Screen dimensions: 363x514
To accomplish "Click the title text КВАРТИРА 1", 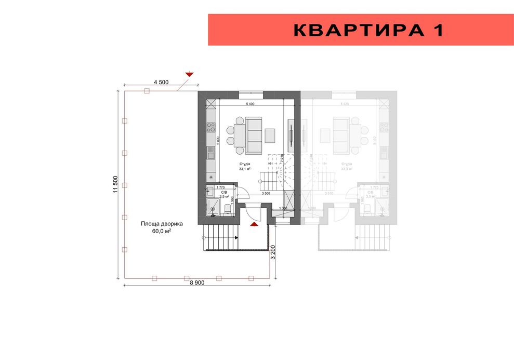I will (x=368, y=30).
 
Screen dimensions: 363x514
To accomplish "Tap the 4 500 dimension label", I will (x=161, y=82).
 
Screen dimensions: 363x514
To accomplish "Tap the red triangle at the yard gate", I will (x=189, y=75).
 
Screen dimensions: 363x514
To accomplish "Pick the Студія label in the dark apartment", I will (x=245, y=164).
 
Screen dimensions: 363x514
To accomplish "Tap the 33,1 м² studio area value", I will (x=245, y=169).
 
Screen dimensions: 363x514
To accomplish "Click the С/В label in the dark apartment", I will (x=224, y=192).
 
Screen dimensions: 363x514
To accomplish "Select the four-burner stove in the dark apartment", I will (x=211, y=127).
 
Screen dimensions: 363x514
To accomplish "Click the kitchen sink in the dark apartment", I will (x=211, y=153).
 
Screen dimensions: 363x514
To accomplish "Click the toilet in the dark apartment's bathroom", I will (x=228, y=209).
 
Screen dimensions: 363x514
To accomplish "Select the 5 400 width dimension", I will (x=251, y=104).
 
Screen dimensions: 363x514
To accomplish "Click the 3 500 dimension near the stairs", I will (x=266, y=194).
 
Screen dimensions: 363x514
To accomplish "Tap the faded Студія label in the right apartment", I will (x=347, y=164).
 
